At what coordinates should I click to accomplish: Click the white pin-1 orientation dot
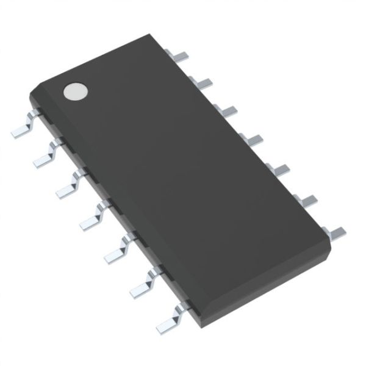point(76,91)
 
